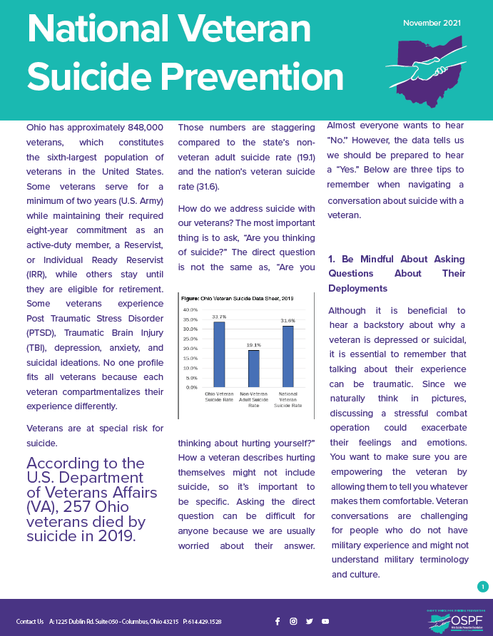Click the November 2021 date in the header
(432, 23)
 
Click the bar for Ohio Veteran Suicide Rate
(219, 354)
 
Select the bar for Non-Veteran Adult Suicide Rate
(253, 369)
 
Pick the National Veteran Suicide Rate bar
(288, 357)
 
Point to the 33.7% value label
(219, 317)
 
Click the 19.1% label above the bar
(253, 345)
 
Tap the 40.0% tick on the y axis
(190, 310)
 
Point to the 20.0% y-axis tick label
(190, 349)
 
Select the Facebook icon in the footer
(278, 621)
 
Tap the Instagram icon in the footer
(293, 621)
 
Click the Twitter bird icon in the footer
(309, 621)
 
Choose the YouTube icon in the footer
(325, 621)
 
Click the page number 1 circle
(482, 587)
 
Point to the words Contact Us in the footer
(30, 622)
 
